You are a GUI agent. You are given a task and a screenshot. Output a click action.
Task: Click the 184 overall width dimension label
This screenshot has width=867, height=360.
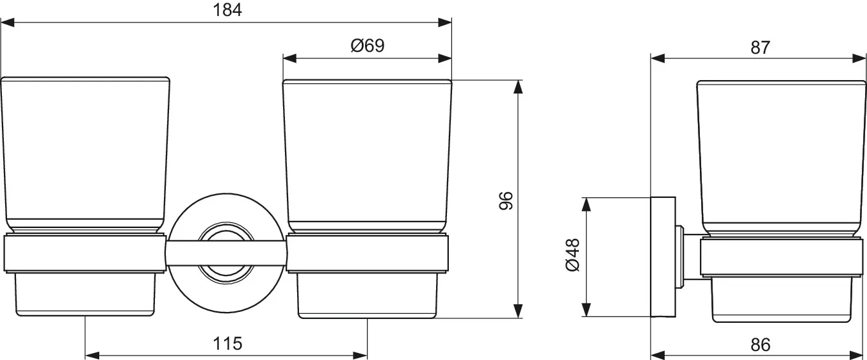coord(227,10)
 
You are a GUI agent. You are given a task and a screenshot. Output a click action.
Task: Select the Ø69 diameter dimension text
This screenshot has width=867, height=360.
coord(368,45)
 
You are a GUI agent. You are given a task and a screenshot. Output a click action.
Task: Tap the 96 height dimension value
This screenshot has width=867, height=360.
coord(505,200)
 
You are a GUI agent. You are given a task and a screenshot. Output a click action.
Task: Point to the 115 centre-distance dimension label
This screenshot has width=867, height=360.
coord(227,343)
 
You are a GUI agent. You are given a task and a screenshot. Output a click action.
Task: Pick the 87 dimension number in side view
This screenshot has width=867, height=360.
coord(759,47)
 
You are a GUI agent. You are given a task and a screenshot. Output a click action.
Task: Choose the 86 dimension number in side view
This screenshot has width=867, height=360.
coord(759,345)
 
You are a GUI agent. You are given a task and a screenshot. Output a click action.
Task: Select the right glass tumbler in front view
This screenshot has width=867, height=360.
coord(368,154)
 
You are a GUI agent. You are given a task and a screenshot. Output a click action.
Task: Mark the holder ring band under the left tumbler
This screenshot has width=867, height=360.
coord(85,254)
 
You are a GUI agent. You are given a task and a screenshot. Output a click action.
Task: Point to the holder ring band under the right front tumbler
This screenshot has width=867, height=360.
coord(368,254)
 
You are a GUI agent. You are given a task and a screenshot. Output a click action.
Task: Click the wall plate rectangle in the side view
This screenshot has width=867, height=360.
coord(663,256)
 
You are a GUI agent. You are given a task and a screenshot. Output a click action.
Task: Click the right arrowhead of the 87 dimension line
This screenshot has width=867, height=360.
coord(859,58)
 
